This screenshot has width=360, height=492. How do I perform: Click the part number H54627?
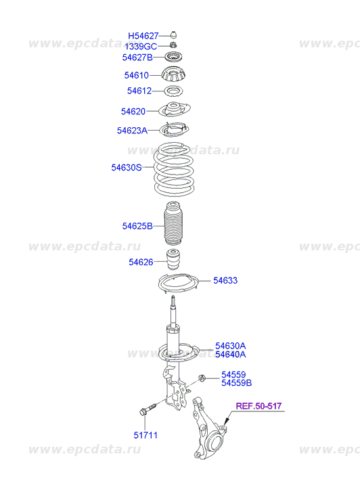coord(143,36)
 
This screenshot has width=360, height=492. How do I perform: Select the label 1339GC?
coord(141,47)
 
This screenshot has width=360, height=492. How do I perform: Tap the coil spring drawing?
coord(173,169)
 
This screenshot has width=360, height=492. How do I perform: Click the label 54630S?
coord(127,167)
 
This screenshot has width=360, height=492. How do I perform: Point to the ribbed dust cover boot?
coord(173,223)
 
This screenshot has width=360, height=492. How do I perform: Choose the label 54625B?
coord(137,226)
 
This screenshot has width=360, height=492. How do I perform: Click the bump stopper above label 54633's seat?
coord(173,259)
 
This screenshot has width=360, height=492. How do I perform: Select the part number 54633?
coord(225,280)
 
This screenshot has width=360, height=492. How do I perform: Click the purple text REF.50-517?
coord(258,405)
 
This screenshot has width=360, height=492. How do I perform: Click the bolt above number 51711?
coord(148,409)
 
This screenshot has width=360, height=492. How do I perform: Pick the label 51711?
coord(145,435)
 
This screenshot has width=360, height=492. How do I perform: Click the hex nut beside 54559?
coord(202,378)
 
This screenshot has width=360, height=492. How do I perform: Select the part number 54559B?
coord(236,383)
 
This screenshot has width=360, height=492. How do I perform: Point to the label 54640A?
coord(230,354)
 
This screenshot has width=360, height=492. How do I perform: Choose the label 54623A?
coord(132,130)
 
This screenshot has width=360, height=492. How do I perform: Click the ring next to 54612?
coord(174,91)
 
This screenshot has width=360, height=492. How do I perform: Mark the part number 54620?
coord(133,111)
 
